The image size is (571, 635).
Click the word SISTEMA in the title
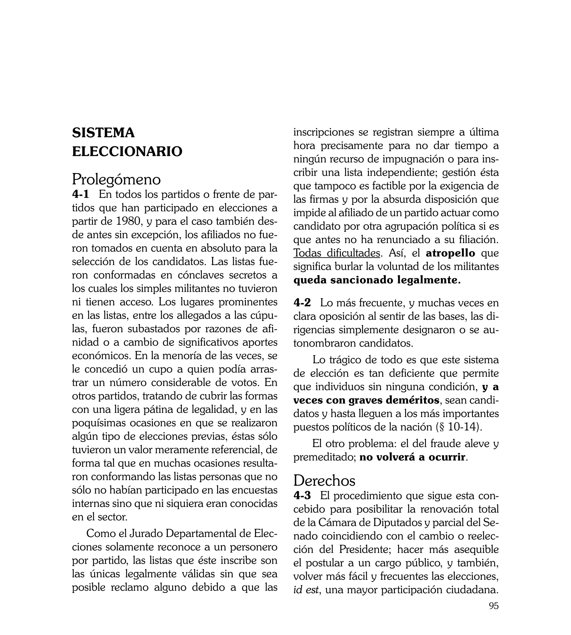click(103, 133)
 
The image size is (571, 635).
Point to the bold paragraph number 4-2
click(302, 303)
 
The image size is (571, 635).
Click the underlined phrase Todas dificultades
click(337, 253)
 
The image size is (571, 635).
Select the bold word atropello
click(450, 253)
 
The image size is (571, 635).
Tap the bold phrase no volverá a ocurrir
click(412, 457)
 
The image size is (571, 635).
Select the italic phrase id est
click(306, 590)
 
